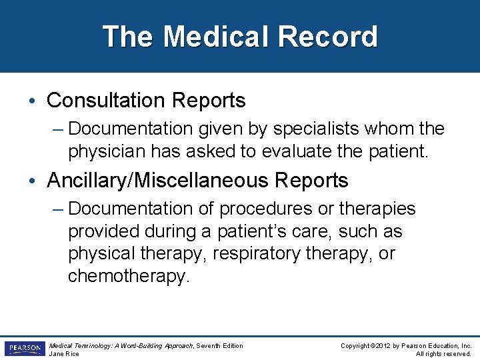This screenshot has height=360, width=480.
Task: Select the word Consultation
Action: coord(107,101)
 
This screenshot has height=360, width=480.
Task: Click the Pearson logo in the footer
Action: coord(24,349)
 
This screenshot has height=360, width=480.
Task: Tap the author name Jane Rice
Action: coord(65,354)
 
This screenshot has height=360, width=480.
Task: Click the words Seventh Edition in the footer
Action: coord(221,345)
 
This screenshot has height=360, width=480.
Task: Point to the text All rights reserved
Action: coord(443,354)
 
